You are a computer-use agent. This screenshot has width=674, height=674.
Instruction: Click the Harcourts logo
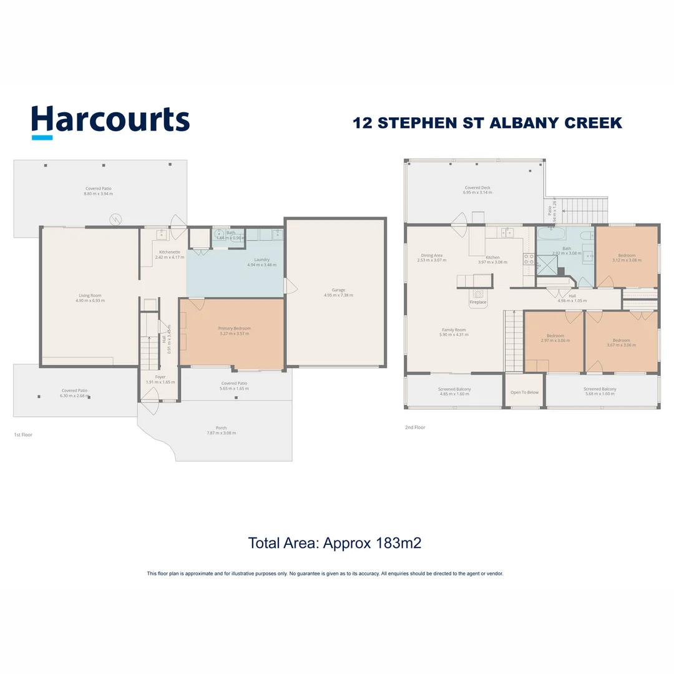point(110,120)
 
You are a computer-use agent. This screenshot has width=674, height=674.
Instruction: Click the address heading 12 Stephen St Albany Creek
point(487,122)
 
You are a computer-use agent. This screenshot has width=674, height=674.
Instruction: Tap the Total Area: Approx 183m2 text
point(335,543)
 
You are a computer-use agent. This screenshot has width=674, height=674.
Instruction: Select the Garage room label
point(338,292)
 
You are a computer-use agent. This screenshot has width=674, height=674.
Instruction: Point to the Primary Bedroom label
point(234,331)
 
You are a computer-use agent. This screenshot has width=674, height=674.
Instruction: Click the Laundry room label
point(261,261)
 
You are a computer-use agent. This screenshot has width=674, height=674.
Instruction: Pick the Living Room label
point(90,298)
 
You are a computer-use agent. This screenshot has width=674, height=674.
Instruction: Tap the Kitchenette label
point(169,254)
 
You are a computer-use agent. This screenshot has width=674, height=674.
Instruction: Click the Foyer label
point(160,379)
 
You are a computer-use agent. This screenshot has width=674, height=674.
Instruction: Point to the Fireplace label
point(478,303)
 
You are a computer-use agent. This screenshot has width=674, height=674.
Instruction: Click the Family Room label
point(454,332)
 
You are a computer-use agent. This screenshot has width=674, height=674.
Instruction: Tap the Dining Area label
point(432,257)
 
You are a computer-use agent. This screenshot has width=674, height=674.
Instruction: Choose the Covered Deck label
point(477,190)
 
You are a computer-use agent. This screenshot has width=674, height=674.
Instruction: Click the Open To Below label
point(524,393)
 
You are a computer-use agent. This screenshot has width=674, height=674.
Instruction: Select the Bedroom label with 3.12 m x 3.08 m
point(627,257)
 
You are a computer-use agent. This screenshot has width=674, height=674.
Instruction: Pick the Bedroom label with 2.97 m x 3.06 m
point(555,338)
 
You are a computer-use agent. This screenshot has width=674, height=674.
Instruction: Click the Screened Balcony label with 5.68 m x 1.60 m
point(600,391)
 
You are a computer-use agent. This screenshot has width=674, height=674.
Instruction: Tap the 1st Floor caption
point(23,434)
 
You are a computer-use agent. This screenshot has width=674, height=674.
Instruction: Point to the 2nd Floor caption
point(415,427)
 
